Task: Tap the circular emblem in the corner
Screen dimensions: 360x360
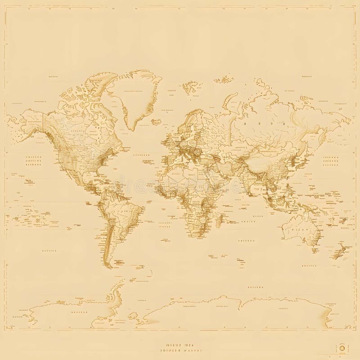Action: click(341, 348)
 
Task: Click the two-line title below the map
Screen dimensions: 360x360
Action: click(180, 347)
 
